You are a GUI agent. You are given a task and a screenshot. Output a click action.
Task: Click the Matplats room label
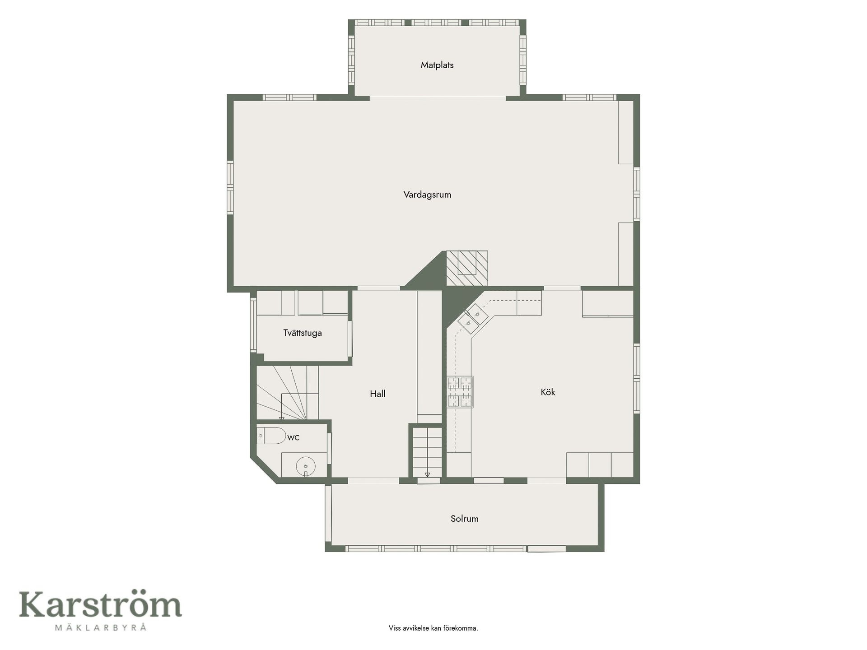coord(437,65)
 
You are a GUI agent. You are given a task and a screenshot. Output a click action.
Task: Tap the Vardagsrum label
coord(427,195)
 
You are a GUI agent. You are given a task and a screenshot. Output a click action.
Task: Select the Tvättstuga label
coord(303,333)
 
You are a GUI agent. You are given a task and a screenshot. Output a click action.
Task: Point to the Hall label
coord(378,394)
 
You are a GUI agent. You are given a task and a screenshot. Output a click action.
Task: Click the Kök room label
coord(548,392)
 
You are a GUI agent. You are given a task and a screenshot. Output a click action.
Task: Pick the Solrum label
coord(464,519)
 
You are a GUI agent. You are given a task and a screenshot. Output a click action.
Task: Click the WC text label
coord(293,437)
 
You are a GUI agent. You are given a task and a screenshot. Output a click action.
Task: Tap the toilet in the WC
coord(271,436)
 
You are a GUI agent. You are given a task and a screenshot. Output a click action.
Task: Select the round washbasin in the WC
coord(306,465)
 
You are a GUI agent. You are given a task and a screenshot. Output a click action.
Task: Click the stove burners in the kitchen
coord(460,392)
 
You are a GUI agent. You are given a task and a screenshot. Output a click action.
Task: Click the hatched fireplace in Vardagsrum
coord(467,268)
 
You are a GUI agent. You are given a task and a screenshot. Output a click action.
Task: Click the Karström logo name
coord(100,605)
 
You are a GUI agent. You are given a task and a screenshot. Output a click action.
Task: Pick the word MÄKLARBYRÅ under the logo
coord(100,627)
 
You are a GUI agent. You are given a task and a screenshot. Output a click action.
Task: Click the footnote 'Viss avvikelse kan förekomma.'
coord(433,628)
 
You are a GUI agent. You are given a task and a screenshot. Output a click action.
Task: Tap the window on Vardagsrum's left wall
coord(230,188)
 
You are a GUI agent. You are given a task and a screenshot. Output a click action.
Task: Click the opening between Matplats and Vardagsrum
coord(438,97)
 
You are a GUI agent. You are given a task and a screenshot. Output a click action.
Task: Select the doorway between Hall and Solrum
coord(373,481)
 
